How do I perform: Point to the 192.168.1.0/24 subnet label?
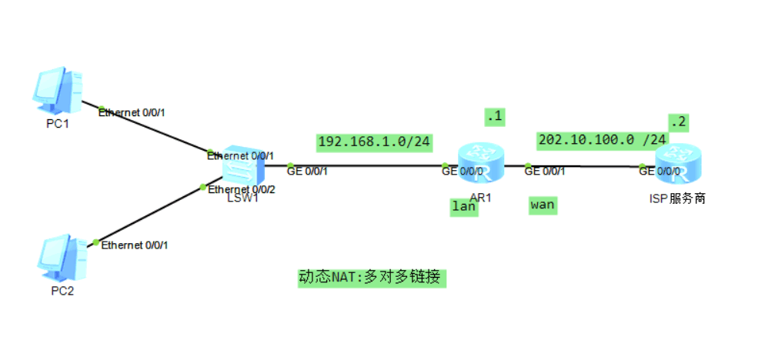click(374, 142)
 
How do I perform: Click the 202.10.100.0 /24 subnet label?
click(603, 139)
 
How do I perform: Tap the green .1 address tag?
click(493, 117)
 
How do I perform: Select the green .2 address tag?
click(676, 122)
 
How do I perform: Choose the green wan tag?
click(543, 205)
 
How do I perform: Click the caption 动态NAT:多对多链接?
click(372, 277)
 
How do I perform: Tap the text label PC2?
click(61, 291)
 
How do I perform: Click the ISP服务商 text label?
click(676, 198)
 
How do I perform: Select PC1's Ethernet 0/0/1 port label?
click(132, 112)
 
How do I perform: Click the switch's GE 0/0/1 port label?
click(308, 170)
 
